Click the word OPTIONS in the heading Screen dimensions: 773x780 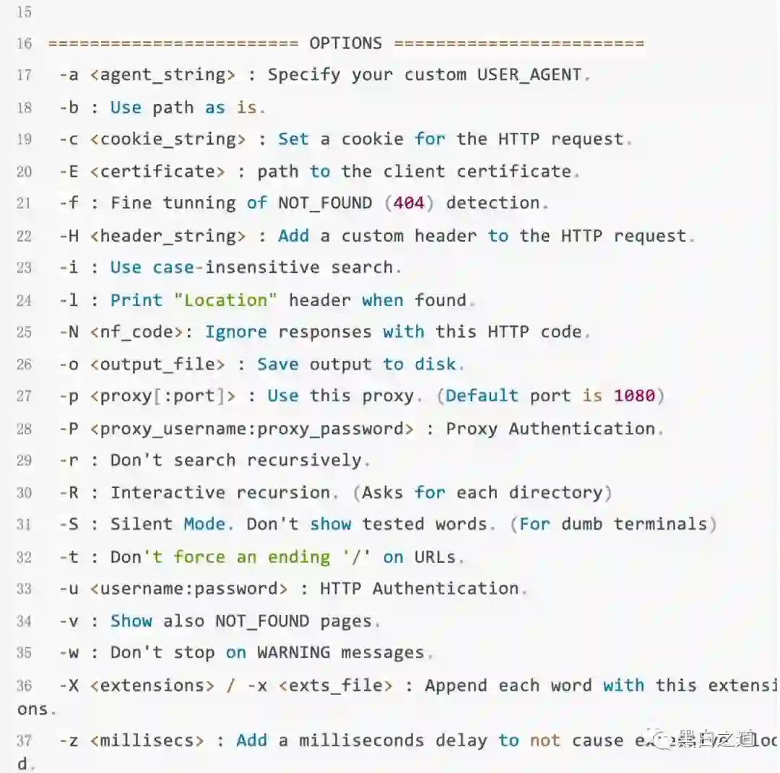tap(346, 43)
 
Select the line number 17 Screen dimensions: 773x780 tap(24, 75)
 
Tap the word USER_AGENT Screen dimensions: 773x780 tap(529, 75)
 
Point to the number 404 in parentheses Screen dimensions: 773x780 tap(409, 204)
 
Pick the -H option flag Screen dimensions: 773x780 tap(69, 236)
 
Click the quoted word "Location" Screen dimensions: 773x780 tap(225, 300)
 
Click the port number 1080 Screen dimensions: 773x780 tap(634, 396)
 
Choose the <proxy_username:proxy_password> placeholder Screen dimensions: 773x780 tap(252, 429)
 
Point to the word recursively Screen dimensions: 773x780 tap(304, 460)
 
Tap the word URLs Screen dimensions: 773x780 tap(435, 557)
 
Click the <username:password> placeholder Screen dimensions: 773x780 tap(188, 589)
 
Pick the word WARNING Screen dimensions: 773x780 tap(293, 653)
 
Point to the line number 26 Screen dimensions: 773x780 tap(24, 364)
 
